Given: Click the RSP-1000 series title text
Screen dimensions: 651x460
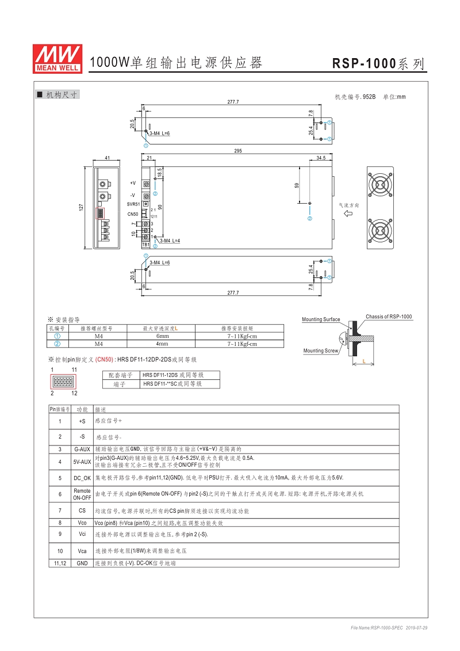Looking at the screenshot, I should pos(379,64).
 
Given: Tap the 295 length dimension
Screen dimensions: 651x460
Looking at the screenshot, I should pos(238,151).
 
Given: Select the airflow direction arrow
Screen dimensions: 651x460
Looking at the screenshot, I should pos(348,214).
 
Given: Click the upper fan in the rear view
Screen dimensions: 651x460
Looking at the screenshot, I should pos(380,185).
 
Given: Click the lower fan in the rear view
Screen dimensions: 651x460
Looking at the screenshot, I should pos(380,230).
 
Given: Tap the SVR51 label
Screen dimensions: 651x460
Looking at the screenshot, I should pos(133,204).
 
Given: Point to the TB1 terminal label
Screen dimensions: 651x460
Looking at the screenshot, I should pos(146,244).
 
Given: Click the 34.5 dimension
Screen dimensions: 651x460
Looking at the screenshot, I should pos(321,158).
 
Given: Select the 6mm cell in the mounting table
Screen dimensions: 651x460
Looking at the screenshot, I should pos(163,336).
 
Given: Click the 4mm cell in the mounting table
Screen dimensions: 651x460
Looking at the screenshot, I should pos(163,344).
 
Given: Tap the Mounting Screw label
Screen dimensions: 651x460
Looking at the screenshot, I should pos(321,351).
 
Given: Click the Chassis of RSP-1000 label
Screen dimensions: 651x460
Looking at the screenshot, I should pos(389,317).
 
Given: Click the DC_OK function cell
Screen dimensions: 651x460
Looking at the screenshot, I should pos(82,478).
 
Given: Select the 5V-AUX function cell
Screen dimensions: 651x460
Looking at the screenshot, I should pos(82,461).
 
